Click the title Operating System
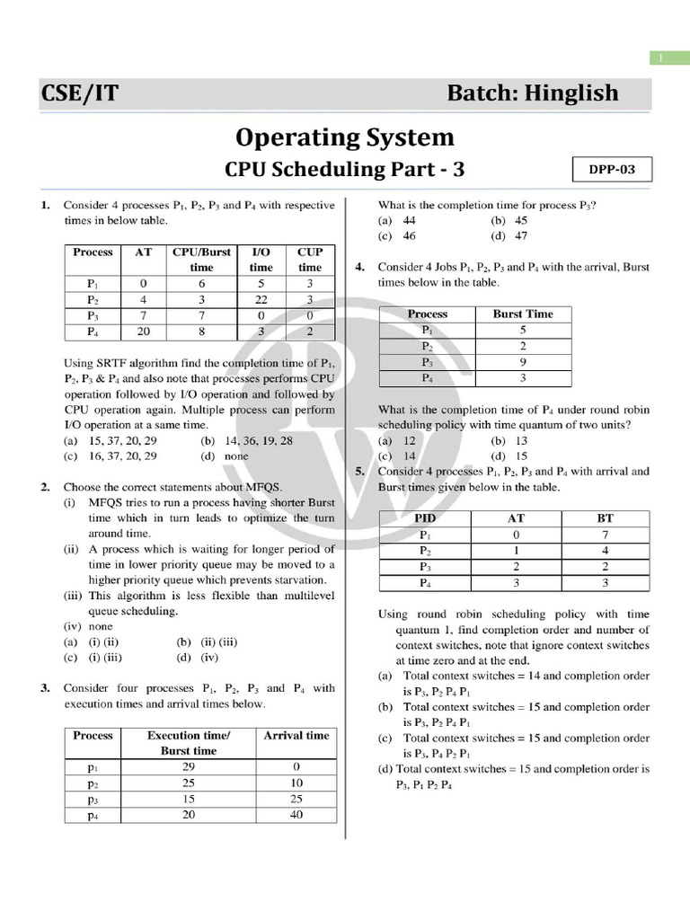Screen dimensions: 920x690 345,137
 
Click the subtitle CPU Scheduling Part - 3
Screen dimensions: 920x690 345,170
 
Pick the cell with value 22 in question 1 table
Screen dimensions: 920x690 261,299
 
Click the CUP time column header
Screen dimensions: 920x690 310,260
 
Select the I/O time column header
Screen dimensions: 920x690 261,260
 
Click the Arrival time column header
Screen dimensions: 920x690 296,735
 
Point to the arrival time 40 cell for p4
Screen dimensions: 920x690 296,815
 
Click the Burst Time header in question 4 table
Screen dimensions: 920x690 523,314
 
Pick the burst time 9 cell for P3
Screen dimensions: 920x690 523,362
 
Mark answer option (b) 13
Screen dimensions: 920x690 509,441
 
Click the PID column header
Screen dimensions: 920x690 424,518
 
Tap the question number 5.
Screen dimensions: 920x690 359,471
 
